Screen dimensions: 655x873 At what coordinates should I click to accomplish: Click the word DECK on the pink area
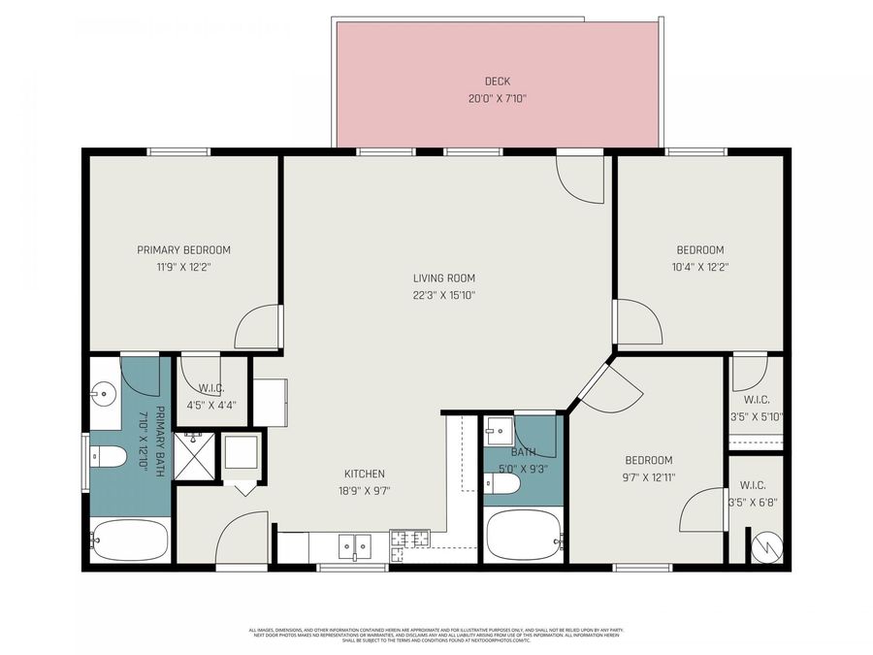pos(497,82)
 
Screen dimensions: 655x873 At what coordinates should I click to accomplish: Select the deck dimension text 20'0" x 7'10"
pos(497,98)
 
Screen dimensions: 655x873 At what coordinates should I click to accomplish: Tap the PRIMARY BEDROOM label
pos(183,250)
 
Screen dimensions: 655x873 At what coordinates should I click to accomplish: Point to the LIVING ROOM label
pos(444,278)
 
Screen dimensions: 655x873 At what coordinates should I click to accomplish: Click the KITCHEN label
pos(365,474)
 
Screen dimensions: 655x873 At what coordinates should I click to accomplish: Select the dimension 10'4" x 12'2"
pos(700,267)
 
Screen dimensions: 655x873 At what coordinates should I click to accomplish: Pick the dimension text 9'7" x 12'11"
pos(648,476)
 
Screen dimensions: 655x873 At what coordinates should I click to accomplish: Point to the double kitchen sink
pos(354,547)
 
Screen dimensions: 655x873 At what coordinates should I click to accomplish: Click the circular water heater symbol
pos(767,545)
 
